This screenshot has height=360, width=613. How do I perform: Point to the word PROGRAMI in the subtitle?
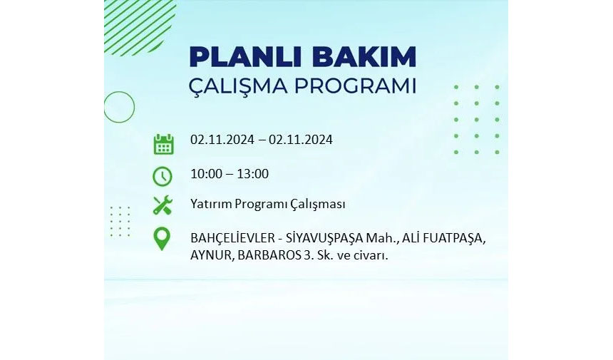355,86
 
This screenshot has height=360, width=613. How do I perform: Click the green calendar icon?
163,144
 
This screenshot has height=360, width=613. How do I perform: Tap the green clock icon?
163,176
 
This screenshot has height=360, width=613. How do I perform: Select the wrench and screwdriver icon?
163,205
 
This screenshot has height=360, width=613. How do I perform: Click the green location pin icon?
162,238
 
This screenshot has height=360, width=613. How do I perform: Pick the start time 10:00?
206,173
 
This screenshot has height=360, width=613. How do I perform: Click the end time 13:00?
252,173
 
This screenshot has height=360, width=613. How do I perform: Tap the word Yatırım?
211,204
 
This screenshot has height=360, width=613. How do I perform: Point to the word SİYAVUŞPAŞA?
324,237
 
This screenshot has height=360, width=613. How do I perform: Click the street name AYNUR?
211,255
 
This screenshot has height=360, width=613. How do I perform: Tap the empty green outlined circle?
119,107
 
